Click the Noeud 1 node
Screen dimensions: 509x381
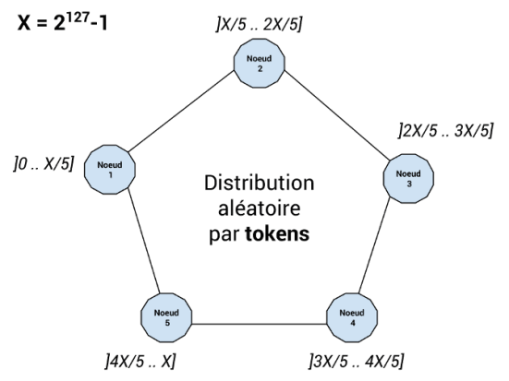pos(110,170)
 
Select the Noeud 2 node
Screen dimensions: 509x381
pos(260,64)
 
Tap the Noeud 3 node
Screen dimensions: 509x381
pos(408,179)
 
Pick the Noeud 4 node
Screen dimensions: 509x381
pos(352,317)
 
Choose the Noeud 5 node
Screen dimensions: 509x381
pos(166,317)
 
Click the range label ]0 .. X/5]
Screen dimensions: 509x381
pos(43,164)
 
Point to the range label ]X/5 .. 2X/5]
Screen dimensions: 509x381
pos(260,24)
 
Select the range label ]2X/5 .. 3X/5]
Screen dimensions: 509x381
pos(445,130)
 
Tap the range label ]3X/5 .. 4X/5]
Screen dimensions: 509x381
pos(357,362)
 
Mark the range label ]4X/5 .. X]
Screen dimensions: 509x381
pos(140,362)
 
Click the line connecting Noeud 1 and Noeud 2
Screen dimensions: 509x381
pos(181,112)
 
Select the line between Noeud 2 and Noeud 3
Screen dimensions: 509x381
pos(336,115)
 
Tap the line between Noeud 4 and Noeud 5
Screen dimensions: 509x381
pos(259,324)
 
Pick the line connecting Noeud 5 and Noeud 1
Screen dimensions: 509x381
pos(144,241)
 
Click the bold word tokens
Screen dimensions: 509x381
pos(277,234)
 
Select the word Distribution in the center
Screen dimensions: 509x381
pos(259,183)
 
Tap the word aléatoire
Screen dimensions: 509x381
pos(259,208)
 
